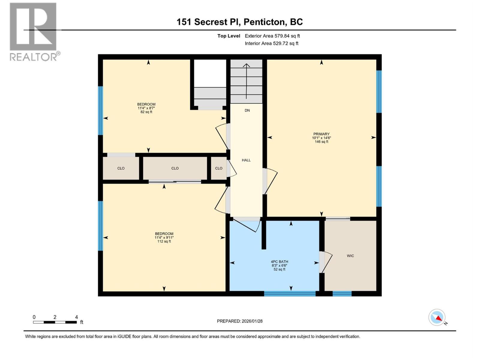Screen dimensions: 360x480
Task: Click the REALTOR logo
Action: [33, 31]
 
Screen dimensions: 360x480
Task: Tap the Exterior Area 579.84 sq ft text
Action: [272, 36]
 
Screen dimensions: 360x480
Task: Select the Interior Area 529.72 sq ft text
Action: [271, 43]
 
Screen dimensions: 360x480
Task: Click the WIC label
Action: [350, 256]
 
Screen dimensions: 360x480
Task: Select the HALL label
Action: [246, 160]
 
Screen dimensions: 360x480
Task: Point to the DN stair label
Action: [247, 110]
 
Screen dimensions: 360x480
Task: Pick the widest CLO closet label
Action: [175, 168]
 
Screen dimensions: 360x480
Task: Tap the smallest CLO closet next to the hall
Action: [219, 168]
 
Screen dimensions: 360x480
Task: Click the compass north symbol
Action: [437, 317]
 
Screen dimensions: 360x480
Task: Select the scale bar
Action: [55, 322]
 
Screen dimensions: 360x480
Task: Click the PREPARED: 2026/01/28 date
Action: [240, 321]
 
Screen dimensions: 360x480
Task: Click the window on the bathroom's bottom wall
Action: [289, 293]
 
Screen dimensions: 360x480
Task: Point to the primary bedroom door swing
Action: [271, 181]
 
